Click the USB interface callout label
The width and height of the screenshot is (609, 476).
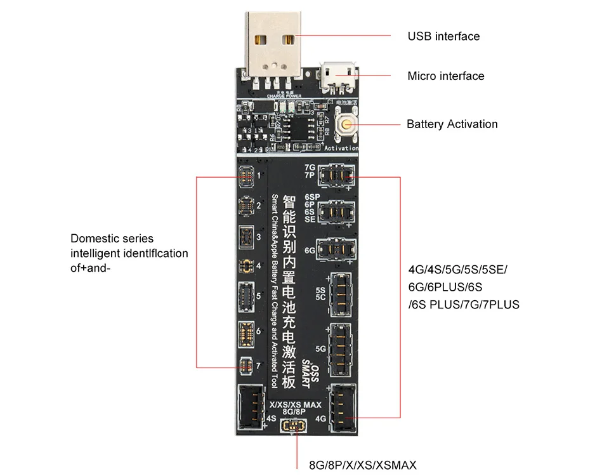(x=443, y=36)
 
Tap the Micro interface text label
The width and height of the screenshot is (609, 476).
(x=445, y=76)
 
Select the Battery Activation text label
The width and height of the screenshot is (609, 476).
(x=452, y=124)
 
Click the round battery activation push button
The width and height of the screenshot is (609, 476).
(x=346, y=124)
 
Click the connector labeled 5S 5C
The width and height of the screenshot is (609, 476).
(x=341, y=294)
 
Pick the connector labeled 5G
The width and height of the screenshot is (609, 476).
(x=341, y=347)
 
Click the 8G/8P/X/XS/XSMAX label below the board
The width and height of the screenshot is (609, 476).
(x=363, y=465)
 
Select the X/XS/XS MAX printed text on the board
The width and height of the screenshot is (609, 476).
(x=296, y=404)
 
